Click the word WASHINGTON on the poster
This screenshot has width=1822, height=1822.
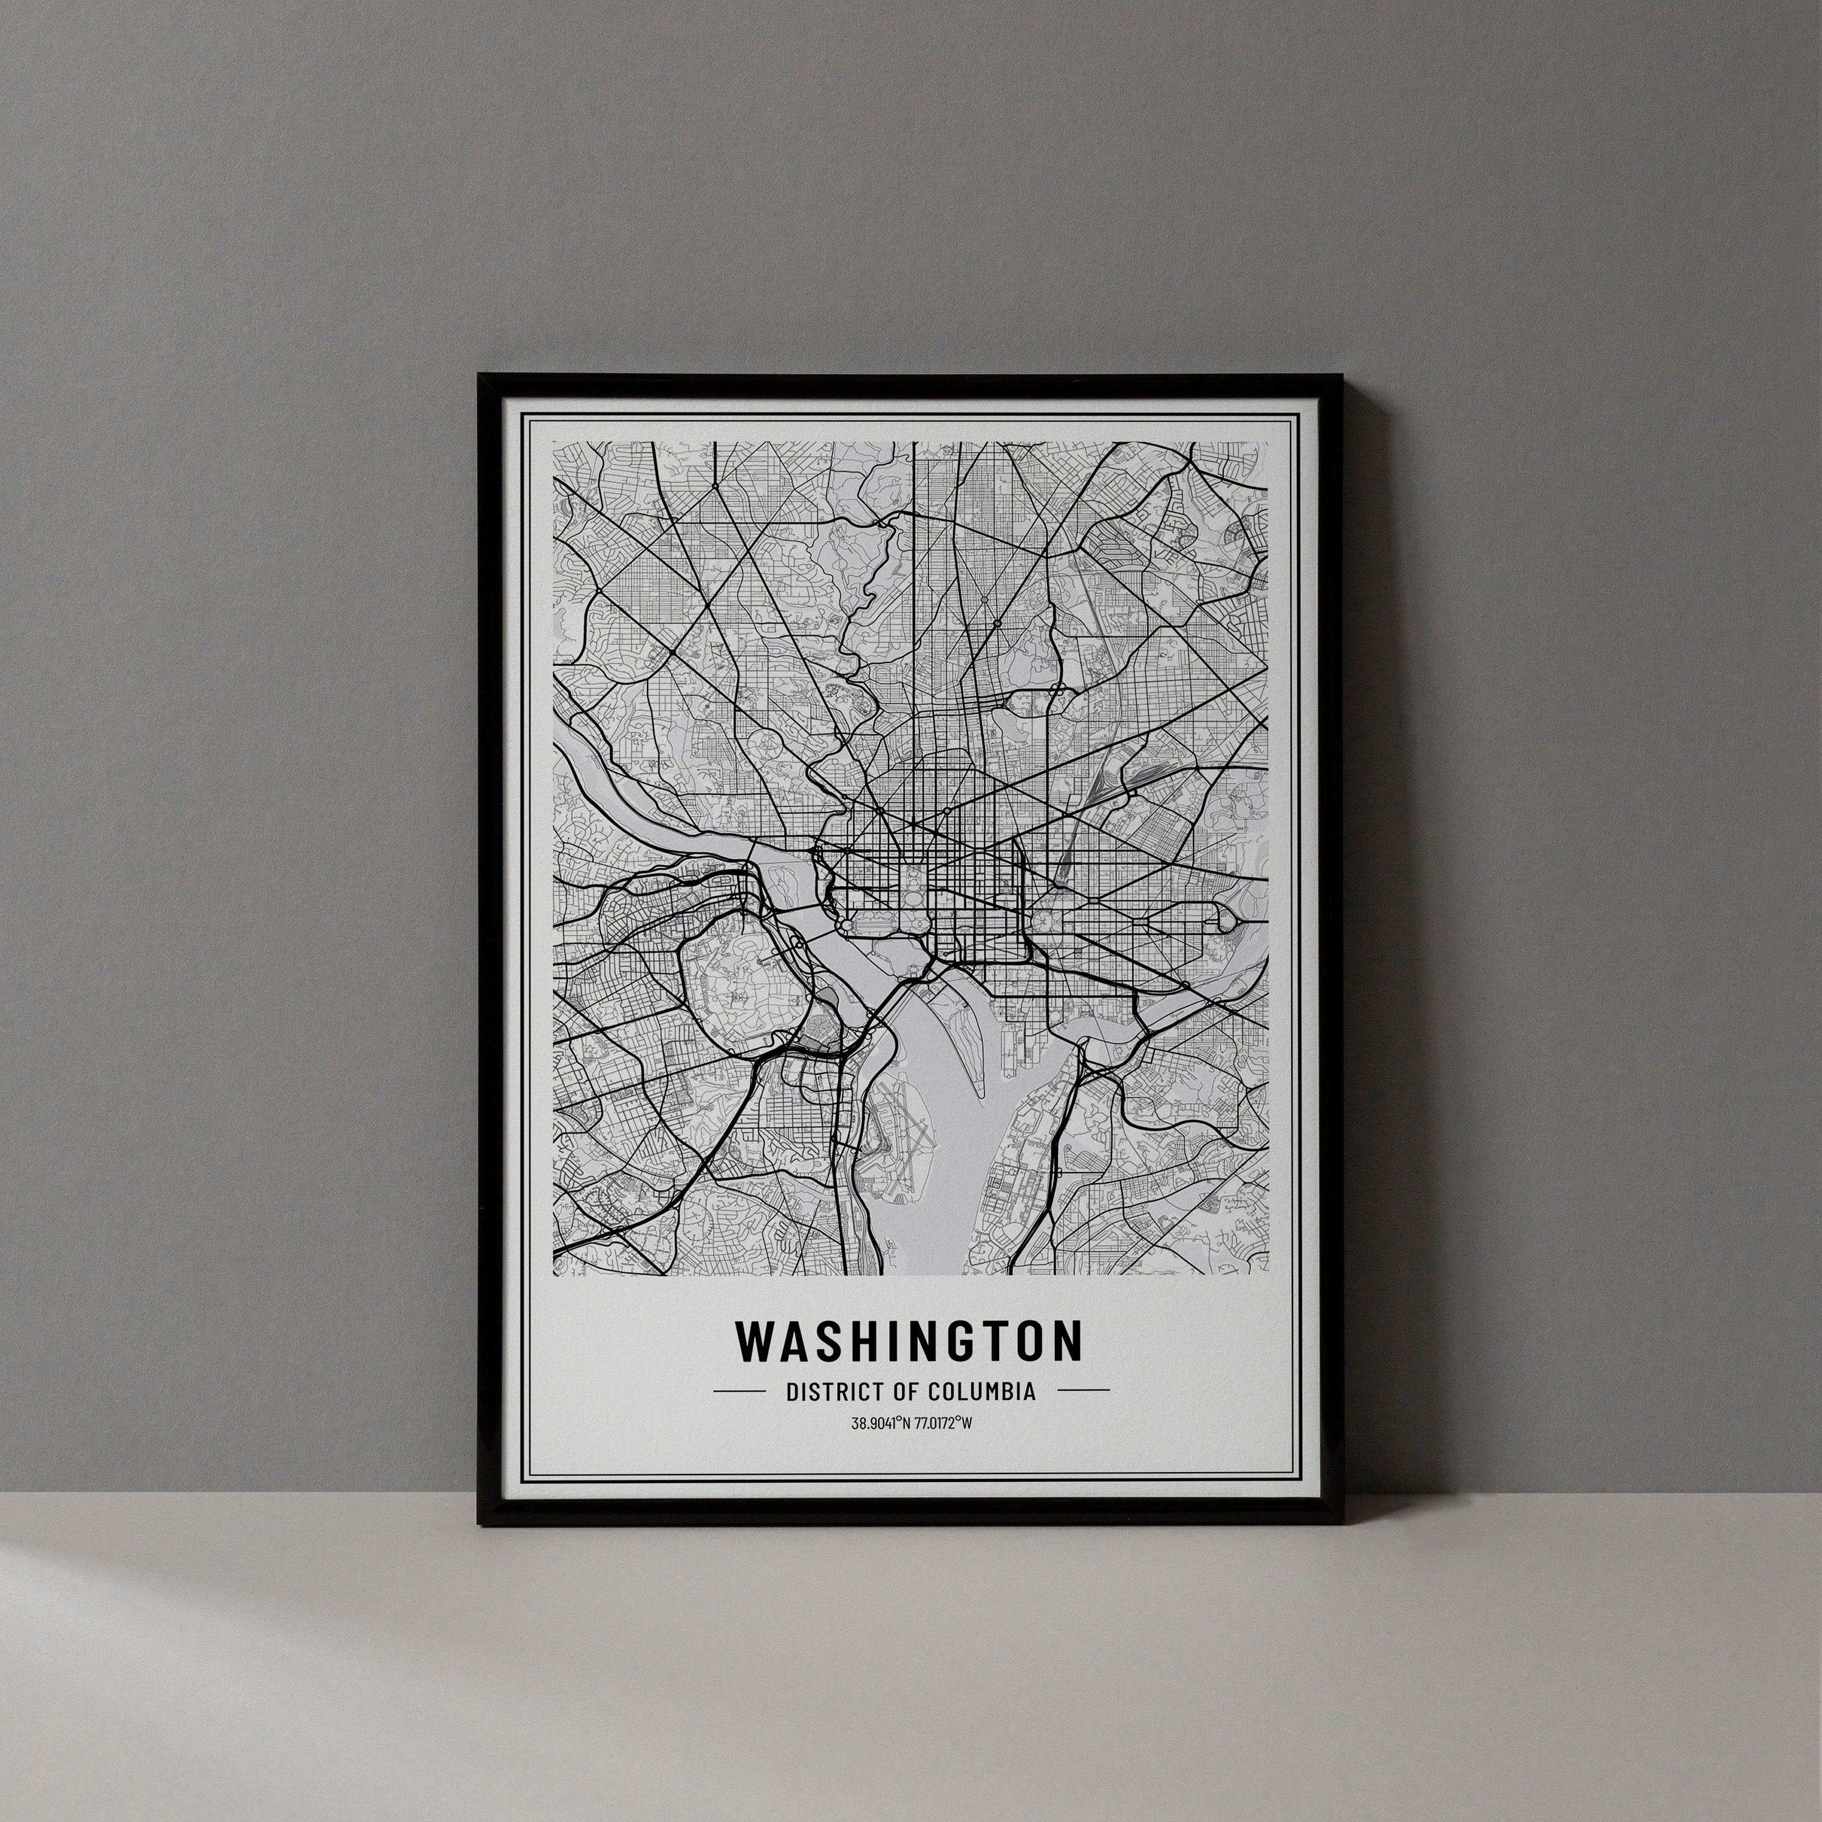point(909,1340)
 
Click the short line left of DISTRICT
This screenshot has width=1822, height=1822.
point(739,1390)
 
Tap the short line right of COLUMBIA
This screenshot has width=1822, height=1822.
point(1083,1390)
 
